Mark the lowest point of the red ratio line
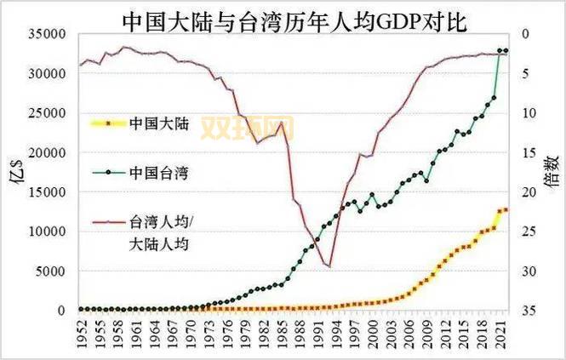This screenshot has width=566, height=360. [x=329, y=266]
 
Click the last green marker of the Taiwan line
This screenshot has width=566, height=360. [x=506, y=51]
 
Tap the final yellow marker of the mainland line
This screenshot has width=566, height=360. [x=506, y=209]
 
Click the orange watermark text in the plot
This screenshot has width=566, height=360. [x=247, y=129]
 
